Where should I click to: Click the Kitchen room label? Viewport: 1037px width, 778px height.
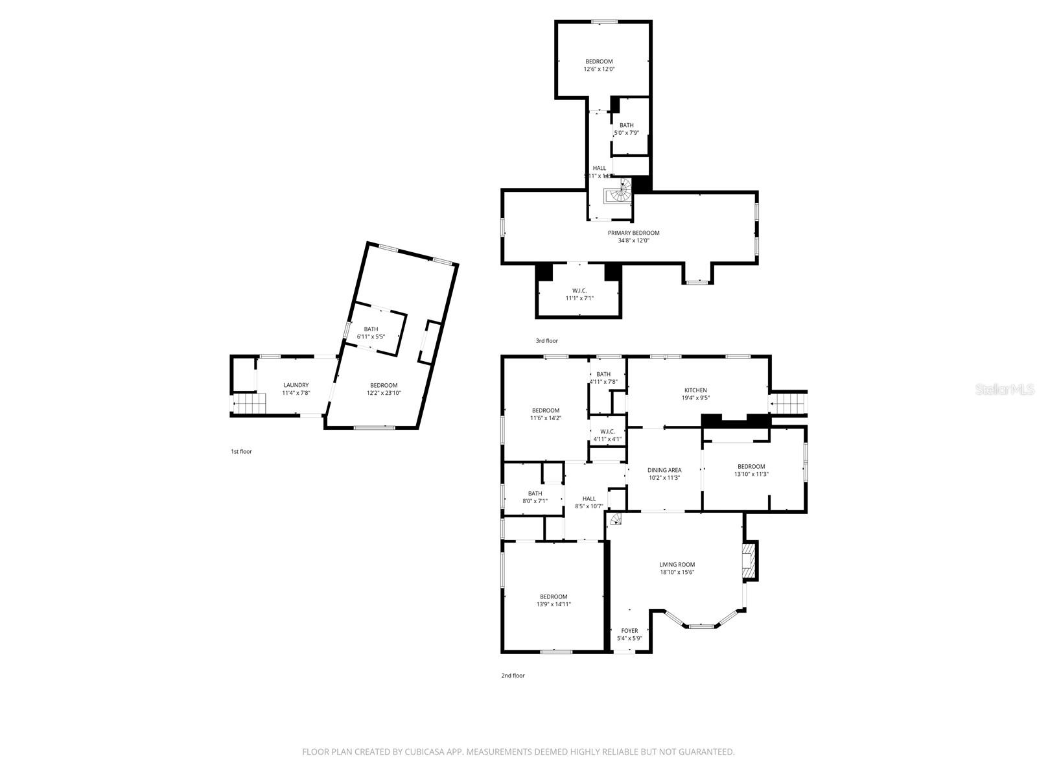pyautogui.click(x=695, y=390)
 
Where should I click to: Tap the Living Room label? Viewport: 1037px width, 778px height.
pyautogui.click(x=677, y=565)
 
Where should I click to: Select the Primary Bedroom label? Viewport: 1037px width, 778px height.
pyautogui.click(x=633, y=233)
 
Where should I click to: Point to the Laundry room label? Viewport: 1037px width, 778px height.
pyautogui.click(x=296, y=385)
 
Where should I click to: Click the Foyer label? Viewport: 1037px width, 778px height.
pyautogui.click(x=629, y=631)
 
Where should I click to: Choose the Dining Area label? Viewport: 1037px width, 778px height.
pyautogui.click(x=664, y=470)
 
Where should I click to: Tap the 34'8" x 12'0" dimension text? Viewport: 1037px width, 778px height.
pyautogui.click(x=633, y=241)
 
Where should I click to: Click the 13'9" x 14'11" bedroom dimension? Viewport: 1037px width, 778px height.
pyautogui.click(x=553, y=604)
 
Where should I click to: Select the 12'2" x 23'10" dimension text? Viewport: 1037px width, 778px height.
pyautogui.click(x=384, y=393)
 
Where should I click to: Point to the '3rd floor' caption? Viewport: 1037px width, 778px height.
pyautogui.click(x=546, y=341)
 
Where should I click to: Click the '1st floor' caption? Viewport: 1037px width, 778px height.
pyautogui.click(x=241, y=451)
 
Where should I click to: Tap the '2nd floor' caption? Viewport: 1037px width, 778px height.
pyautogui.click(x=513, y=676)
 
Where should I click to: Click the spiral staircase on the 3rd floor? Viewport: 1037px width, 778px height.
pyautogui.click(x=620, y=193)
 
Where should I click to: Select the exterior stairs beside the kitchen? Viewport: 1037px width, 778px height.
pyautogui.click(x=789, y=404)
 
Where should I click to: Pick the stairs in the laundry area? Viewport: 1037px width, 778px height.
pyautogui.click(x=250, y=405)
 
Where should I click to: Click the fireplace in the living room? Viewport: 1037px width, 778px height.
pyautogui.click(x=750, y=560)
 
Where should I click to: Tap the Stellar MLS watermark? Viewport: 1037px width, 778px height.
pyautogui.click(x=1005, y=389)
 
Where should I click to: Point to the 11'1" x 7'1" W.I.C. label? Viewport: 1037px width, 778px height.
pyautogui.click(x=579, y=294)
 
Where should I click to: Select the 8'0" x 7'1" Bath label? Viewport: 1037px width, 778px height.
pyautogui.click(x=535, y=497)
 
